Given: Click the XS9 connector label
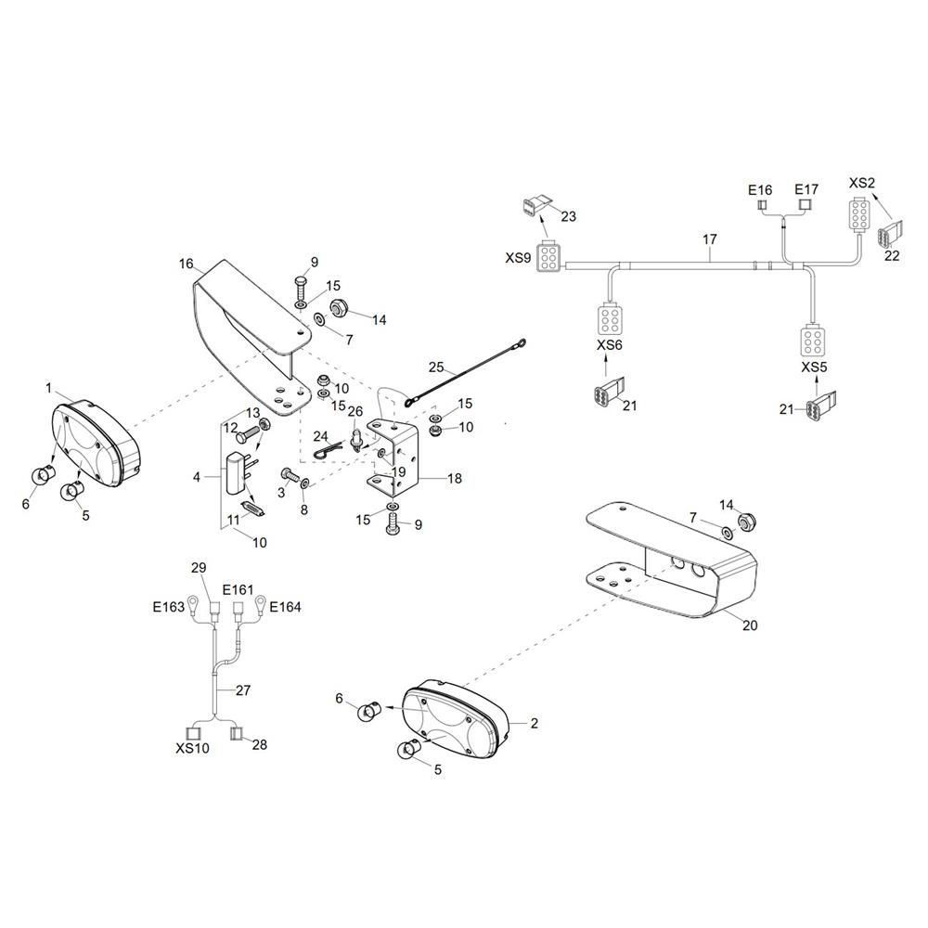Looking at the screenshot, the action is coord(518,258).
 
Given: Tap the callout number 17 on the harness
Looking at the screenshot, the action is coord(710,239).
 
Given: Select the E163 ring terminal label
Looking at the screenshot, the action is coord(169,607).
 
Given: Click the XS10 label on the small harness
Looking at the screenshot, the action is coord(192,748).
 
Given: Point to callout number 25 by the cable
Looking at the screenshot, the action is coord(436,367).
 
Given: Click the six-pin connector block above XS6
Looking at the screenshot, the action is coord(609,319).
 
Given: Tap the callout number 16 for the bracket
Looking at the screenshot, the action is coord(186,264).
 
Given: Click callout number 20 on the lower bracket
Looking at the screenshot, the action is coord(750,625).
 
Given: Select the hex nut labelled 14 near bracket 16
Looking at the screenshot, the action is coord(338,306).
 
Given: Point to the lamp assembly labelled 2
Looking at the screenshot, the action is coord(457,715).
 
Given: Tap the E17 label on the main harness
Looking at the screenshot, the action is coord(806,189).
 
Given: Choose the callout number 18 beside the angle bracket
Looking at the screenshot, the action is coord(455,478).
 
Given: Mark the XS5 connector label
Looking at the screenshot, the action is coord(814,367).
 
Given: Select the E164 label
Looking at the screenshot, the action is coord(285,607).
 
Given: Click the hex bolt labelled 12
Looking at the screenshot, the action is coord(248,437).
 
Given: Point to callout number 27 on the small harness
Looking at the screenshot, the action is coord(243,690).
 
